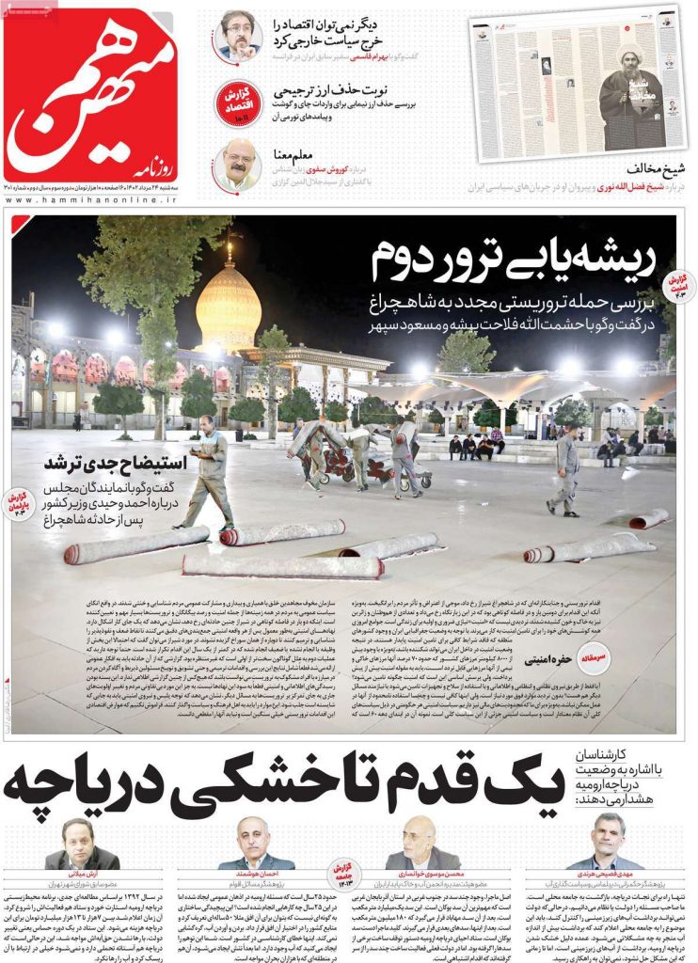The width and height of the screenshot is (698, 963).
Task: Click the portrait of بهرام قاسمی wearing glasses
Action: [238, 35]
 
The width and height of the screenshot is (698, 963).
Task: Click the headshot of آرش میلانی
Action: [79, 843]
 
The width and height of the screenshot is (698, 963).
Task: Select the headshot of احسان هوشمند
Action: [255, 845]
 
